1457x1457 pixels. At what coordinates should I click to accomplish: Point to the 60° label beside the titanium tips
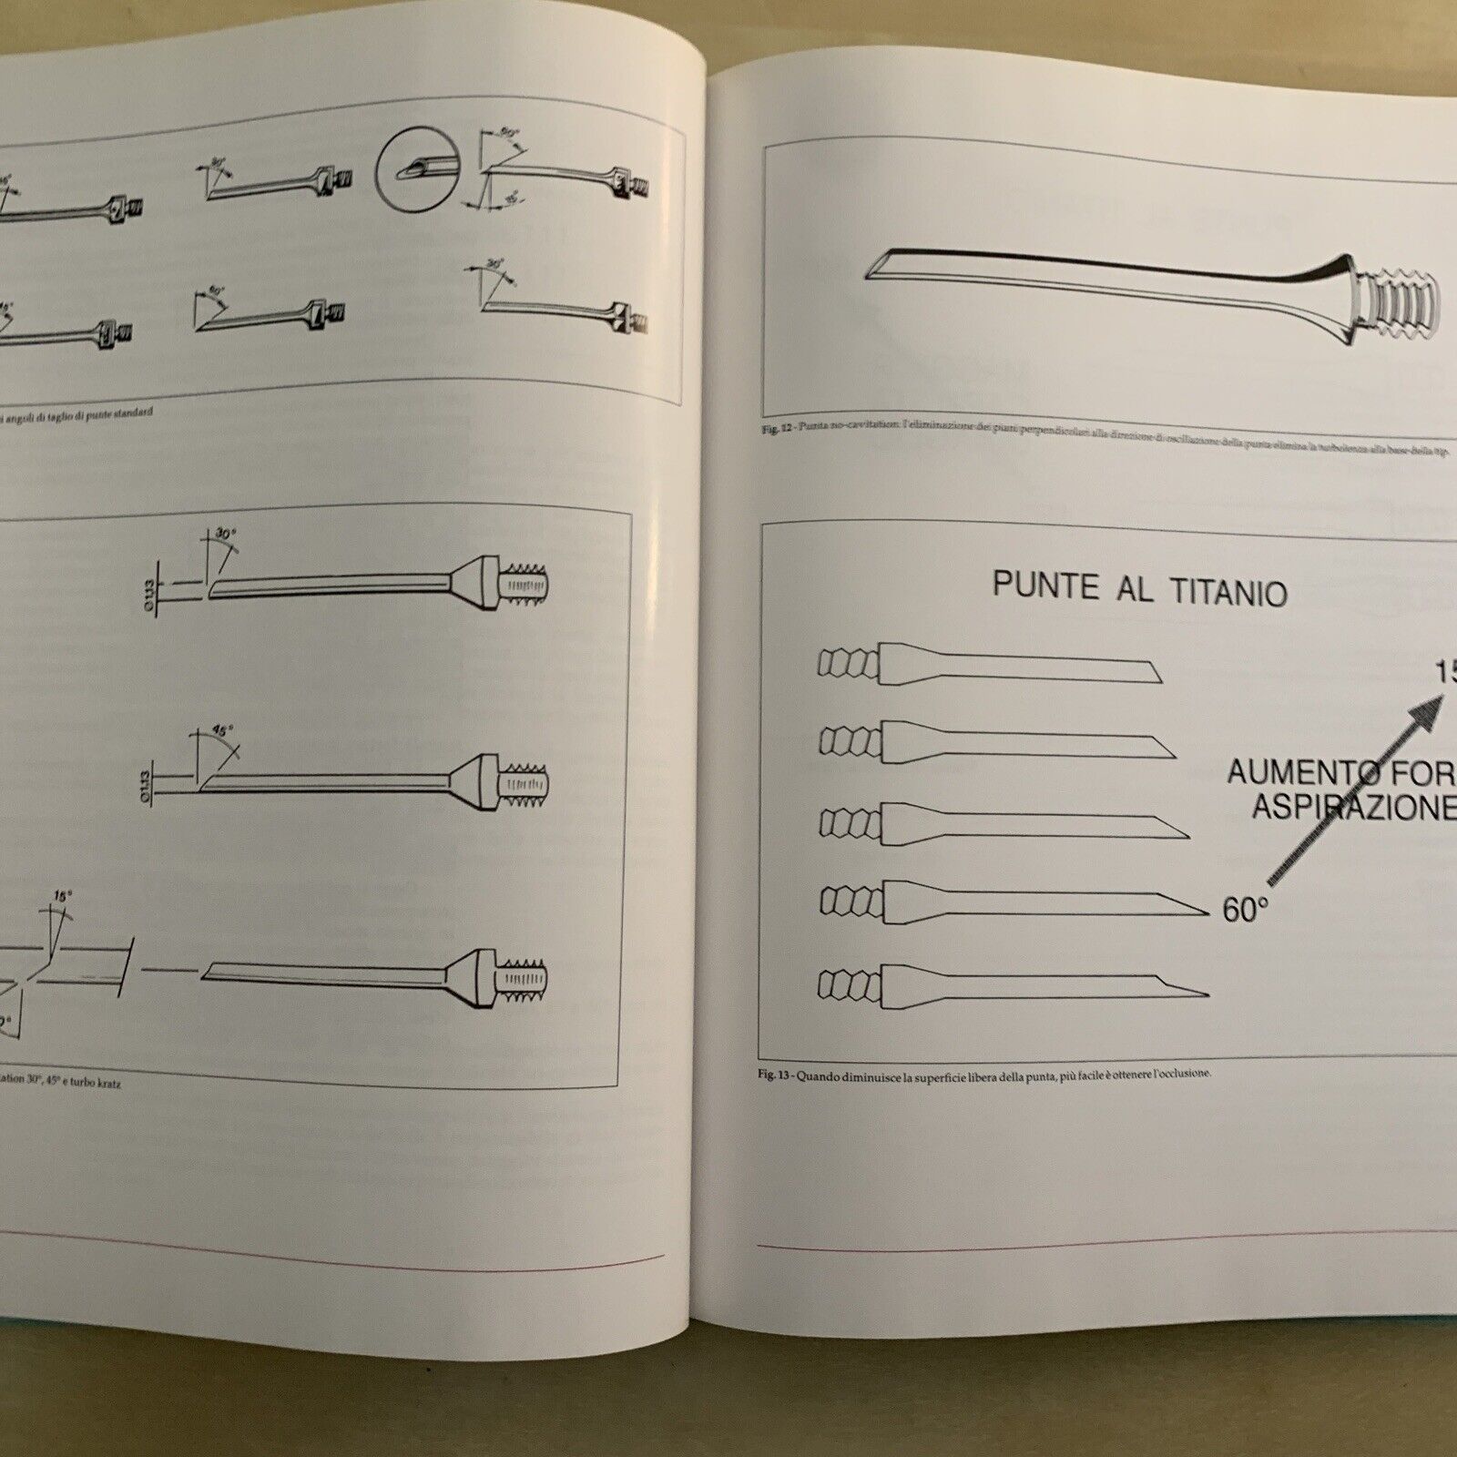pyautogui.click(x=1245, y=909)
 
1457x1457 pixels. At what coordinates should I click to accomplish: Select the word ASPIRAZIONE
pyautogui.click(x=1353, y=808)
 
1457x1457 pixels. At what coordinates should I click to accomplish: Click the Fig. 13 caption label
pyautogui.click(x=775, y=1075)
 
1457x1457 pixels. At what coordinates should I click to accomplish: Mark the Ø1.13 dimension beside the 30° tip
pyautogui.click(x=150, y=594)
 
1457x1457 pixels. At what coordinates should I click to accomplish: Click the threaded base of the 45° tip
pyautogui.click(x=525, y=781)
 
